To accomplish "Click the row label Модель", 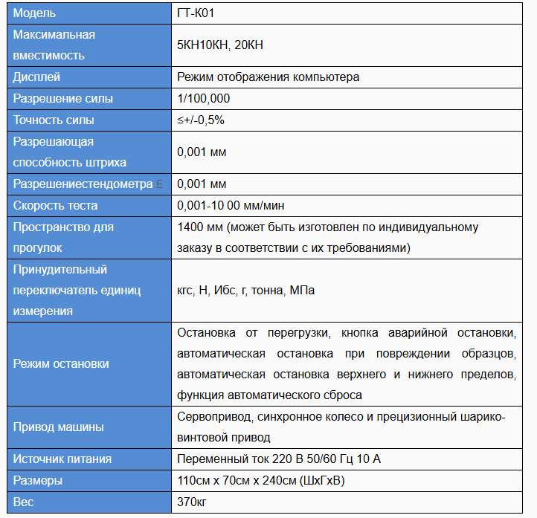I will (x=34, y=13).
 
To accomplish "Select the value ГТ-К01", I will (x=197, y=13).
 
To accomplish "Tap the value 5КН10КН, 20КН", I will (x=220, y=45).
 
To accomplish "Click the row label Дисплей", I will (x=37, y=77).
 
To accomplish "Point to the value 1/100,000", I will (x=204, y=98).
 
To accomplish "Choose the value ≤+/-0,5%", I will (x=201, y=120).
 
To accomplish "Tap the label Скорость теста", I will (x=56, y=205).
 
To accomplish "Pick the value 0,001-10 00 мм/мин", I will (x=231, y=205).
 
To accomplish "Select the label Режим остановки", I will (x=61, y=363).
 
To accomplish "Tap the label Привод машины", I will (x=59, y=427).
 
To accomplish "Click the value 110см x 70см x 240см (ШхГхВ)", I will (x=260, y=481).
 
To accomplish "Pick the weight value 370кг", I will (x=192, y=502).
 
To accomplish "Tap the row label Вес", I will (x=24, y=502).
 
